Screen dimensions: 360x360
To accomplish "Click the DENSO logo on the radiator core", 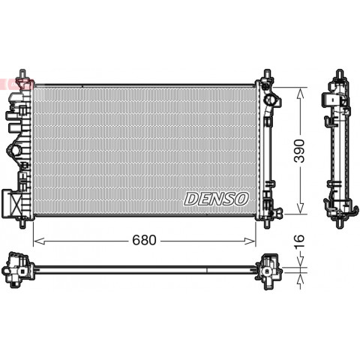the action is coord(217,199).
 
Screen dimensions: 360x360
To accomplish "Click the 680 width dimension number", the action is coord(144,240).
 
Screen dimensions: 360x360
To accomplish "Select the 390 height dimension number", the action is coord(299,151).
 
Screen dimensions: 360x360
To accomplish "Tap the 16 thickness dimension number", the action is coord(299,242).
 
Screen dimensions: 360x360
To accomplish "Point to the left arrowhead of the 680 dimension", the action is coord(39,241).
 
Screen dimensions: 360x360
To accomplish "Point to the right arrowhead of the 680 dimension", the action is coord(250,241).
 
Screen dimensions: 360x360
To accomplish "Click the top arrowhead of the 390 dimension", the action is coord(300,94).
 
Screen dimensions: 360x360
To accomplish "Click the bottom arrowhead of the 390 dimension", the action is coord(300,208).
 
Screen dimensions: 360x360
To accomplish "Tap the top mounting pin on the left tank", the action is coord(22,74).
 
